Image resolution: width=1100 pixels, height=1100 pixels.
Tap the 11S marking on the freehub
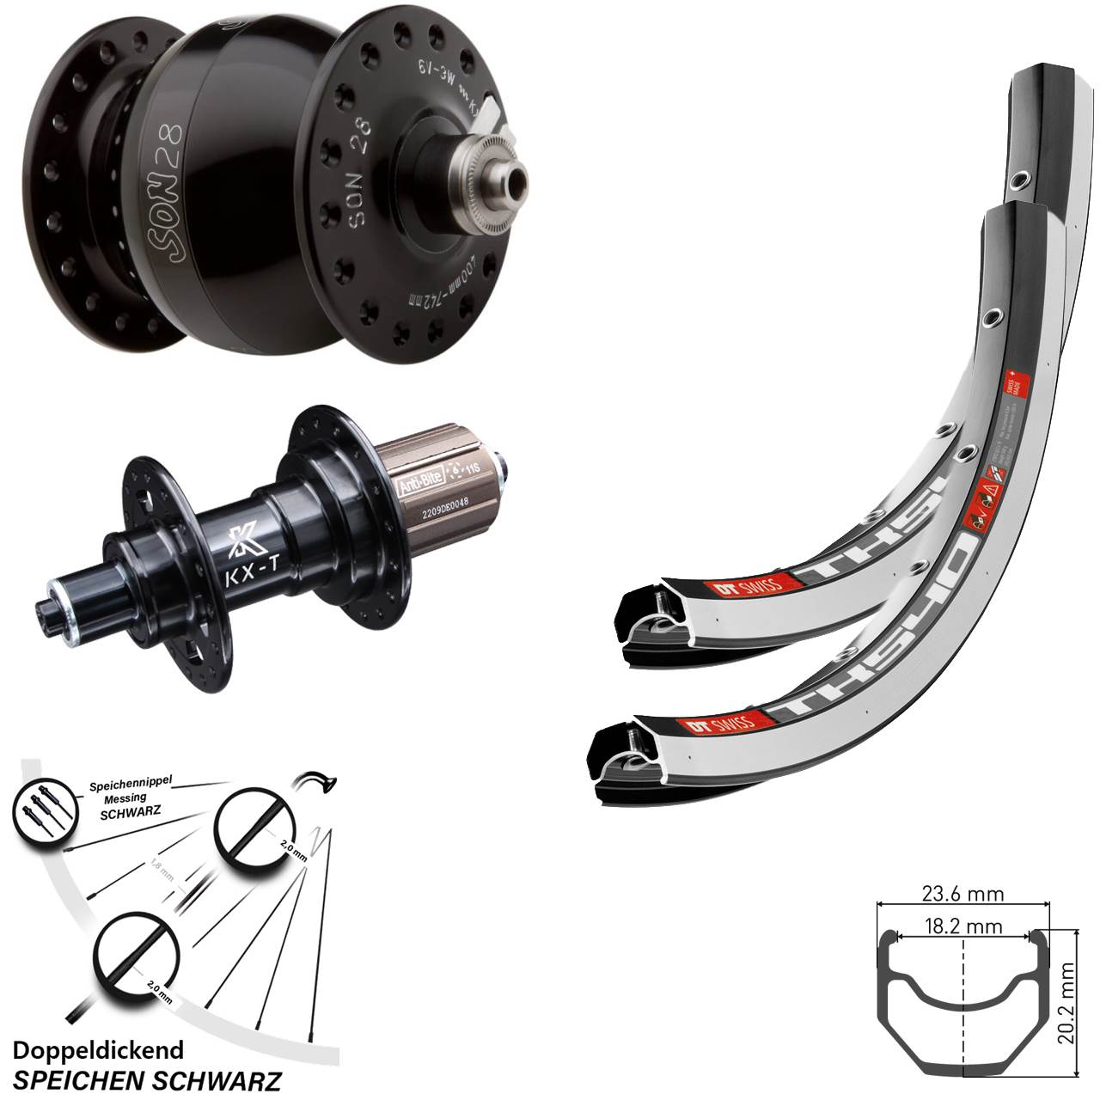point(473,468)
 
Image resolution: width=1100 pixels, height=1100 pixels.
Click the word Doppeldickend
point(99,1050)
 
